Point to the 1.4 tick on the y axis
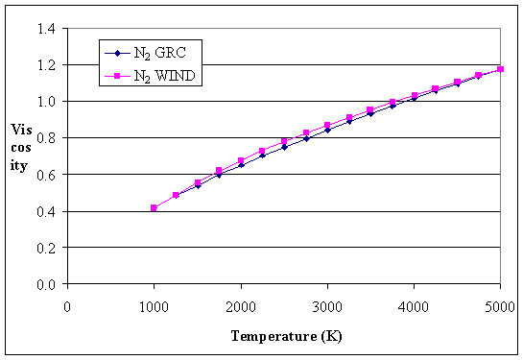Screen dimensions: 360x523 click(x=45, y=29)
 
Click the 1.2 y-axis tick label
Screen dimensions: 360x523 click(x=45, y=65)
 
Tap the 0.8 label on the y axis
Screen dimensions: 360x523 click(x=45, y=138)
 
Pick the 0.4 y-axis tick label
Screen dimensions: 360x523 click(x=45, y=211)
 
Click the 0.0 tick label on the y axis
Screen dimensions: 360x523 click(x=45, y=284)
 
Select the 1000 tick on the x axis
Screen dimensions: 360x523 click(x=154, y=305)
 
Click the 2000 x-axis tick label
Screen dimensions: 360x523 click(x=240, y=305)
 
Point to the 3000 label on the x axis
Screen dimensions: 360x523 click(x=327, y=305)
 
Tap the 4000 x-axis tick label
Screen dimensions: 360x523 click(x=414, y=305)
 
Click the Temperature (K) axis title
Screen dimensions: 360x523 click(x=286, y=336)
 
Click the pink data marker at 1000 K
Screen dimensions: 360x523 click(x=154, y=207)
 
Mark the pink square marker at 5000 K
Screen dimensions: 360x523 click(x=500, y=69)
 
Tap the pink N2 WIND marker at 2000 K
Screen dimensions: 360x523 click(x=241, y=160)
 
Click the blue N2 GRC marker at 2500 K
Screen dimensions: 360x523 click(x=284, y=147)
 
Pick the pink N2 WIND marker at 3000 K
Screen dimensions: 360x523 click(x=327, y=126)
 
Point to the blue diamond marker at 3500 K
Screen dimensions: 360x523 click(x=370, y=113)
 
